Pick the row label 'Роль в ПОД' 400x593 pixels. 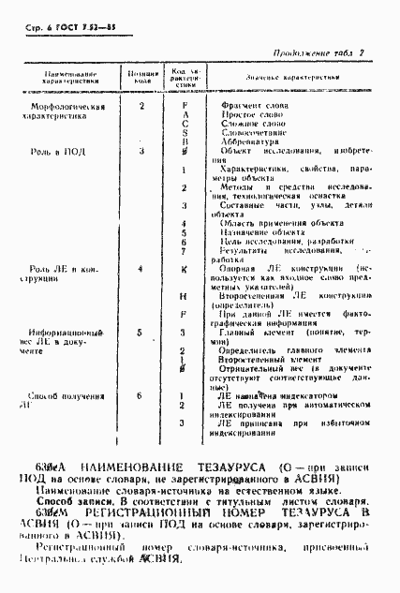tap(53, 151)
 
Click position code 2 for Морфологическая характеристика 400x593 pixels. tap(141, 107)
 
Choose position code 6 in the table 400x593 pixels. tap(141, 396)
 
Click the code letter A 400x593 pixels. tap(185, 115)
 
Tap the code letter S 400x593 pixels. tap(185, 133)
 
